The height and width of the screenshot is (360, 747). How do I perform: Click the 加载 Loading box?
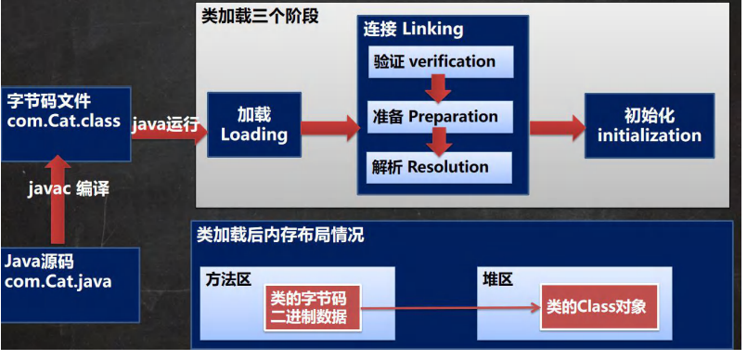(x=254, y=124)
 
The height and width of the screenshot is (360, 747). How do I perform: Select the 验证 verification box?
(x=441, y=62)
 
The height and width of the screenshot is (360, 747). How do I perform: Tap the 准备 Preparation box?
(x=440, y=117)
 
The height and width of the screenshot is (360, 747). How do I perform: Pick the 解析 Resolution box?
(x=439, y=168)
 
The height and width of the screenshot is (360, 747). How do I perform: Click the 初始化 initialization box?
(x=650, y=125)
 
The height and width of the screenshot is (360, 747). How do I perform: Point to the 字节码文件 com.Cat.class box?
(x=66, y=123)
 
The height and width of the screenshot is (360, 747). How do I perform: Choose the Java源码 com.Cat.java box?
(x=70, y=285)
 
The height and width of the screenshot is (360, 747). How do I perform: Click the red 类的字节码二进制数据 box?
(x=313, y=308)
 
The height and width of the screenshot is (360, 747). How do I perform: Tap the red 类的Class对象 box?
(x=599, y=307)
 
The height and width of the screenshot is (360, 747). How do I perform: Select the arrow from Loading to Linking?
(x=330, y=128)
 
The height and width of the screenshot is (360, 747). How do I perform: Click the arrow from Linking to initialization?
(x=558, y=128)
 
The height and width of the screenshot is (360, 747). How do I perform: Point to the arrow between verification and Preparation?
(x=439, y=89)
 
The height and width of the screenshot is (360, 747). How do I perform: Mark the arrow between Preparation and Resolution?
(x=439, y=141)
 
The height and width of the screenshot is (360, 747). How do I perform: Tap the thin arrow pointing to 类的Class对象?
(x=451, y=309)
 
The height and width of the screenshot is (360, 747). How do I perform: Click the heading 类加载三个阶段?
(x=260, y=16)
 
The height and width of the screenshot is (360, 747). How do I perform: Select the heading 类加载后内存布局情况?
(x=280, y=235)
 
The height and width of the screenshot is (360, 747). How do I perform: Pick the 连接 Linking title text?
(x=413, y=29)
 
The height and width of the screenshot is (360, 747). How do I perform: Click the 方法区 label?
(x=228, y=279)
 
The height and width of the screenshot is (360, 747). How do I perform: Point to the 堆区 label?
(x=497, y=279)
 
